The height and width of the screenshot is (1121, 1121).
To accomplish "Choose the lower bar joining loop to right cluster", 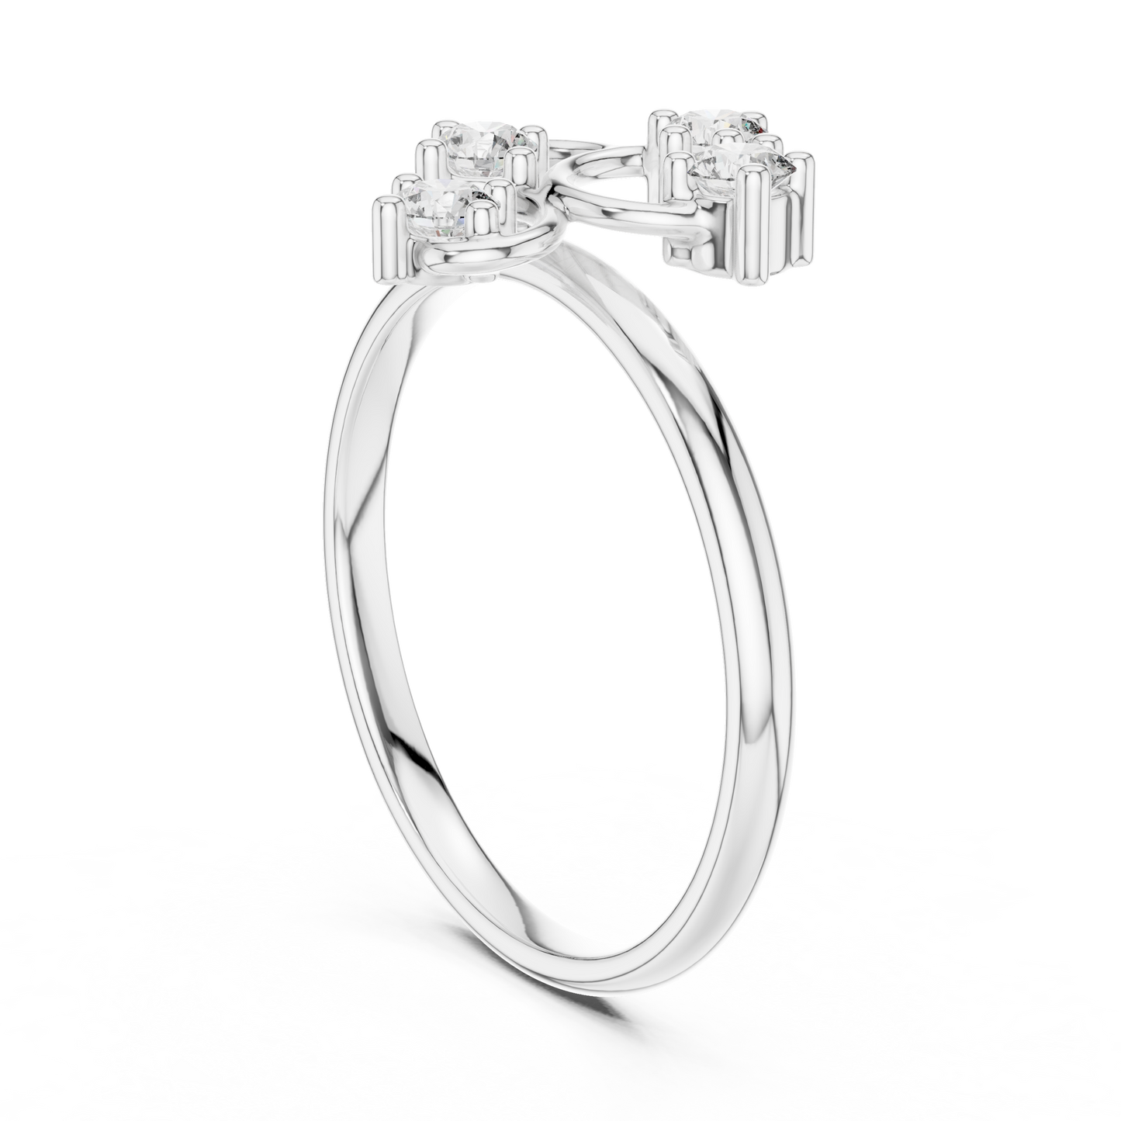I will tap(621, 221).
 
